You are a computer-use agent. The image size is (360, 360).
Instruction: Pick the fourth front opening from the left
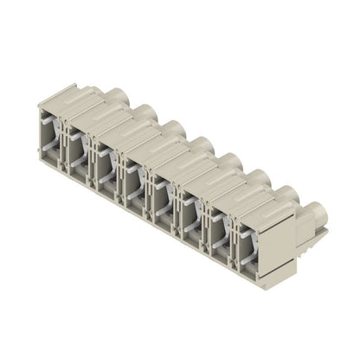[x=133, y=175]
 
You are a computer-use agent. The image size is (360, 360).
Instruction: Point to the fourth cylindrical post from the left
[x=201, y=144]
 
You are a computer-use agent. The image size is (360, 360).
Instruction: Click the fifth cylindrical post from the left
[x=228, y=161]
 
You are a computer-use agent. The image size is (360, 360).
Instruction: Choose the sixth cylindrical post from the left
[x=256, y=177]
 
